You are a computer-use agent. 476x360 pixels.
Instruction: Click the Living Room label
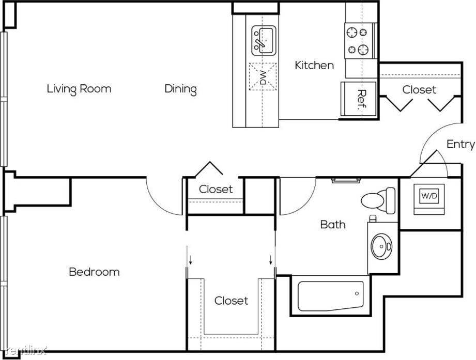(x=79, y=89)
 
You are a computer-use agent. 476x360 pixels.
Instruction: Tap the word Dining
(x=180, y=89)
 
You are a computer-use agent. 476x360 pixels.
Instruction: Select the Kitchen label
(x=314, y=65)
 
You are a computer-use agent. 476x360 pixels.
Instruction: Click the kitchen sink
(x=264, y=41)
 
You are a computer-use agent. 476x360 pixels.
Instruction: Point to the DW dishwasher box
(x=263, y=76)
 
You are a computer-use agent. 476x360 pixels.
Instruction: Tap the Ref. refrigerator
(x=359, y=99)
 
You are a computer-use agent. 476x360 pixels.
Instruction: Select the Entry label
(x=460, y=144)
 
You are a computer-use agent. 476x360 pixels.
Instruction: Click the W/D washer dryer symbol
(x=429, y=196)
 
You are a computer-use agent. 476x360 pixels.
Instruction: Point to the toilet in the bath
(x=378, y=200)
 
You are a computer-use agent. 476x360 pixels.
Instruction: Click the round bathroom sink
(x=381, y=246)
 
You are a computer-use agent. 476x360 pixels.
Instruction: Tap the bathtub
(x=331, y=296)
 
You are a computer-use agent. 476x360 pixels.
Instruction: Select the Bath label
(x=333, y=225)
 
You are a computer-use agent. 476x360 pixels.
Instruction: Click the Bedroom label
(x=94, y=272)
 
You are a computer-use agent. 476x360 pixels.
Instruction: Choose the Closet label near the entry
(x=419, y=90)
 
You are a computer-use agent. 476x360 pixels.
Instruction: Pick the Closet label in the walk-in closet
(x=232, y=301)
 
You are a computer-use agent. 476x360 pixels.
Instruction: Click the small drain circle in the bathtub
(x=357, y=293)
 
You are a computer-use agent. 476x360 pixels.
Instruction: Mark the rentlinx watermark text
(x=26, y=351)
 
